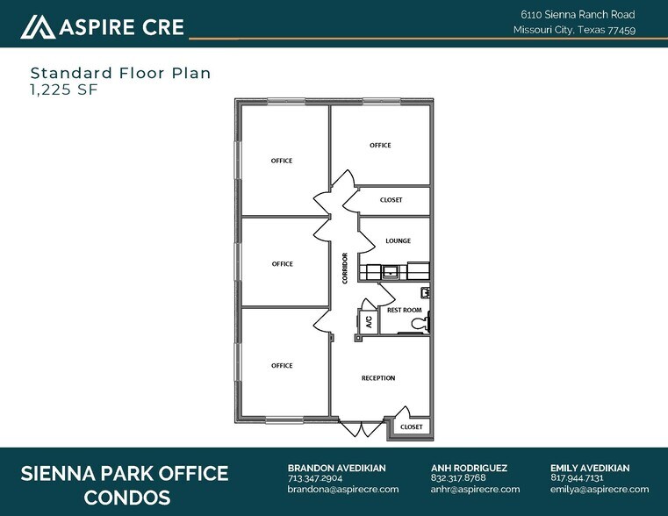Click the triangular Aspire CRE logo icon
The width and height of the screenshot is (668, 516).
click(37, 27)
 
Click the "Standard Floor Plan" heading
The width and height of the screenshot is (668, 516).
click(120, 73)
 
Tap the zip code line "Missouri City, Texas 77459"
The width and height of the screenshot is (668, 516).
click(574, 30)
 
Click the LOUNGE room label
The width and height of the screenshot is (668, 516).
click(398, 240)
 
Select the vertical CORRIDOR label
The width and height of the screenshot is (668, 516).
click(346, 268)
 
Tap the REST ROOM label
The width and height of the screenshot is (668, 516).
click(405, 310)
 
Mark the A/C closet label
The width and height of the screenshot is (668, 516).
click(369, 321)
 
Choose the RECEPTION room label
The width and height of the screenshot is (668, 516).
click(378, 378)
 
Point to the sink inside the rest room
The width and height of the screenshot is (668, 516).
click(425, 293)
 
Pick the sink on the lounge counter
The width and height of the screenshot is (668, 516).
click(390, 272)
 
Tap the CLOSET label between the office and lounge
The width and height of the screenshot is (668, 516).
click(391, 200)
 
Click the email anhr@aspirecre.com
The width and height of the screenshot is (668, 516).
click(475, 489)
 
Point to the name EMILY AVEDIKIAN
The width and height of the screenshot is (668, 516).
click(590, 468)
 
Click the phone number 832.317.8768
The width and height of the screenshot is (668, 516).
click(458, 478)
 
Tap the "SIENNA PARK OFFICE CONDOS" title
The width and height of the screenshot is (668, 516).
click(124, 485)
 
